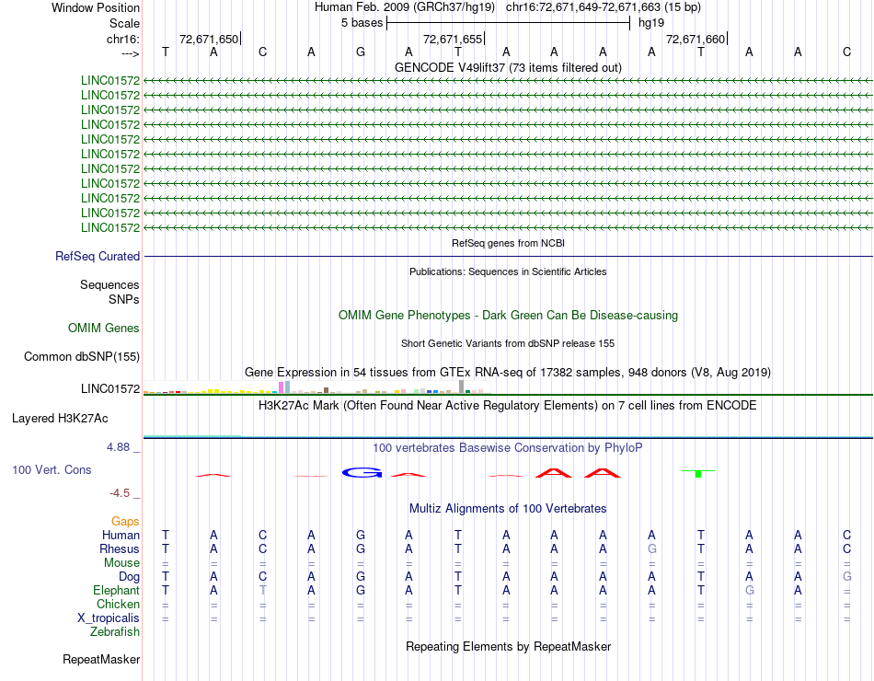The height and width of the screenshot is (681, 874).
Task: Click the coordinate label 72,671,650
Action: tap(209, 39)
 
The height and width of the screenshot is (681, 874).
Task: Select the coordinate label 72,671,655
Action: tap(452, 39)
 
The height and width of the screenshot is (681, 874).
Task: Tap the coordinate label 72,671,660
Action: tap(696, 39)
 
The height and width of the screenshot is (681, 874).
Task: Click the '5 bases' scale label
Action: tap(362, 23)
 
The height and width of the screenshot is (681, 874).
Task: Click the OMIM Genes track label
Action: tap(103, 329)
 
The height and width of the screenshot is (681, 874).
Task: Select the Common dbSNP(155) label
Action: tap(80, 357)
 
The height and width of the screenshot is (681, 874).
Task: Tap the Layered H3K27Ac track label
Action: tap(60, 418)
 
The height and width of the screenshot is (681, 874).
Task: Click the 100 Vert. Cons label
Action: tap(52, 470)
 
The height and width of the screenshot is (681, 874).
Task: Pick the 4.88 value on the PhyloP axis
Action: tap(122, 447)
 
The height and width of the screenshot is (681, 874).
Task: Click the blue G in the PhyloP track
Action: tap(362, 472)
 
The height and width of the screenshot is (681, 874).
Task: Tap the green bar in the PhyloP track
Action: tap(698, 474)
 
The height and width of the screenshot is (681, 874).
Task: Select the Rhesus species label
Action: tap(119, 549)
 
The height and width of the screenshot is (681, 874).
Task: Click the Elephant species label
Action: tap(116, 591)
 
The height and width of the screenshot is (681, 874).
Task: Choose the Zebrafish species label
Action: tap(115, 632)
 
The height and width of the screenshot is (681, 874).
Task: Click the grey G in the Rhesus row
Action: tap(651, 549)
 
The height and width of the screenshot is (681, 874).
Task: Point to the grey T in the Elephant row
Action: tap(262, 591)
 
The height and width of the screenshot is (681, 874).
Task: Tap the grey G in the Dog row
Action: tap(846, 577)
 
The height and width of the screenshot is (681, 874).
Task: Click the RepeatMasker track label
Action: tap(101, 660)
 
